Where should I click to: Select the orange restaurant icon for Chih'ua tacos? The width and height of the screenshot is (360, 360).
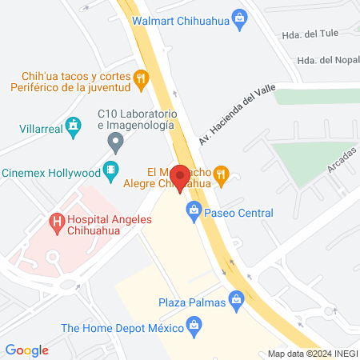coord(142,78)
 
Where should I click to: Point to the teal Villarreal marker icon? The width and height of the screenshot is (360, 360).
coord(74,124)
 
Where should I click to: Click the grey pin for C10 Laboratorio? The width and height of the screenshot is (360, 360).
coord(116,144)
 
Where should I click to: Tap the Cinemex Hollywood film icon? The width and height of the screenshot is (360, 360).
coord(110,170)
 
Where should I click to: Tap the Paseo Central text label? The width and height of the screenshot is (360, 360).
coord(238,213)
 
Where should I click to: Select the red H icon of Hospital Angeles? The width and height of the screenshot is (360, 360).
coord(56,220)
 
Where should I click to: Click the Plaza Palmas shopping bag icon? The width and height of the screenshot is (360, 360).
coord(236,299)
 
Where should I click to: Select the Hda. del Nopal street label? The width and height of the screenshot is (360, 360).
coord(323,61)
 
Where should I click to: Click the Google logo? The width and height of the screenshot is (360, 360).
coord(26,350)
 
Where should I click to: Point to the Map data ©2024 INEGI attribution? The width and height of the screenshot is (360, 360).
coord(311,354)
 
